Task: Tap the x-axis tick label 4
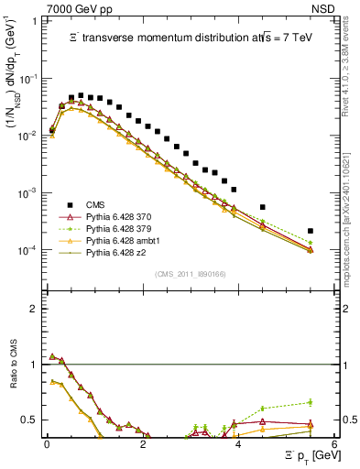[x=238, y=443]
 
